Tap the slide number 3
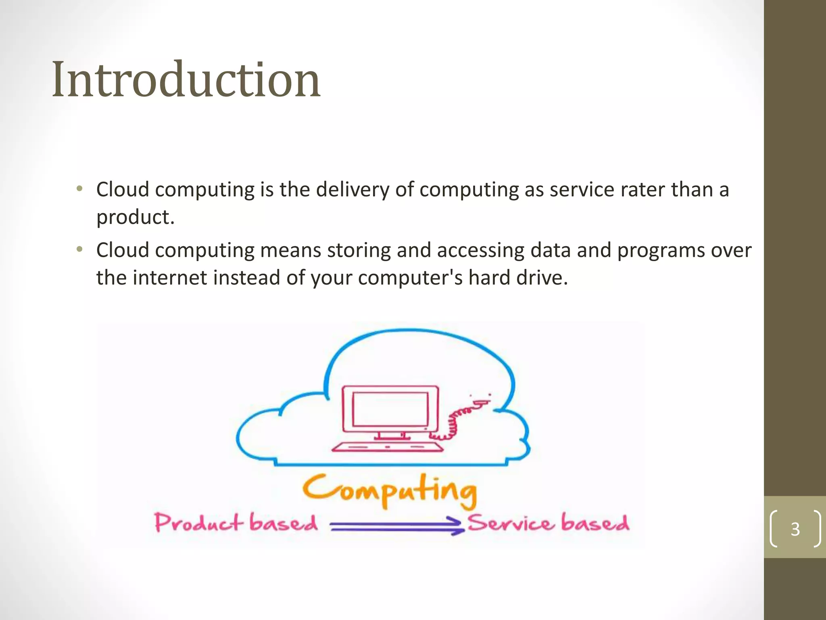coord(795,529)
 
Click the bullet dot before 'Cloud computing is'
coord(79,189)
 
